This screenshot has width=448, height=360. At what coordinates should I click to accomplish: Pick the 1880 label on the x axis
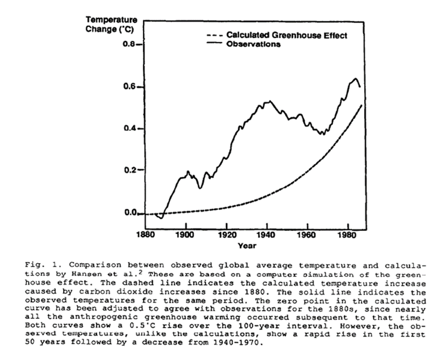144,234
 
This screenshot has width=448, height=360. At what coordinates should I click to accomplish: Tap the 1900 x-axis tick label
185,234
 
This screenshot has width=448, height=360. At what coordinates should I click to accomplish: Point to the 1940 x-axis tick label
267,234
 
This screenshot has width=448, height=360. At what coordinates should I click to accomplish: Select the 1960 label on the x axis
308,234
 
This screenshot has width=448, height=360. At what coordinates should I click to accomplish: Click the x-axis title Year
247,246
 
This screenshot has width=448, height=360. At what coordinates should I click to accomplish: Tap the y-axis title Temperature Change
111,24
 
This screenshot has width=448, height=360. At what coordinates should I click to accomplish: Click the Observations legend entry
254,45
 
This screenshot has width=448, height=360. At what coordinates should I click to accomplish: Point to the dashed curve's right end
362,105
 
